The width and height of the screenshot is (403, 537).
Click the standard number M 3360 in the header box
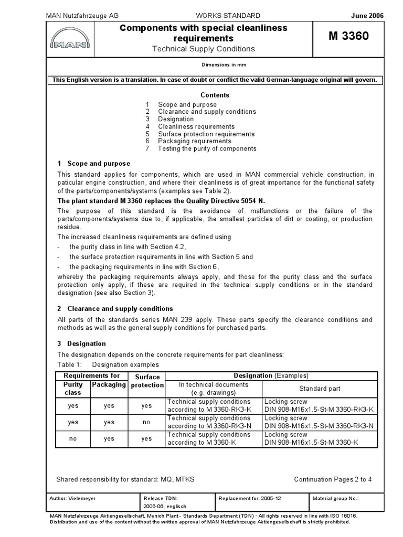348,36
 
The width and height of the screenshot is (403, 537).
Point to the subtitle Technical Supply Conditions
203,49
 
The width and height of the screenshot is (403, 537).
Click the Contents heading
215,95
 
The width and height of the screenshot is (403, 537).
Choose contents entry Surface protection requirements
206,134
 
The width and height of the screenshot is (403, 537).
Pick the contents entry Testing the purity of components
207,148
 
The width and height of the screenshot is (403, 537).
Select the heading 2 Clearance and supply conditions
115,308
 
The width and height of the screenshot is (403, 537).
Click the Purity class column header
73,389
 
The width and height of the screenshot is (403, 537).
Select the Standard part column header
320,389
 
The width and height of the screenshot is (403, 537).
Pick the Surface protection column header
147,381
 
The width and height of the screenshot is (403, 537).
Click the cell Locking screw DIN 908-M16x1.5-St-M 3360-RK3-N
319,422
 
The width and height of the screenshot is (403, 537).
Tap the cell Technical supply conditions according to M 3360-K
208,439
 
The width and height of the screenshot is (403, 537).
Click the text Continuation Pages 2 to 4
333,479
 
